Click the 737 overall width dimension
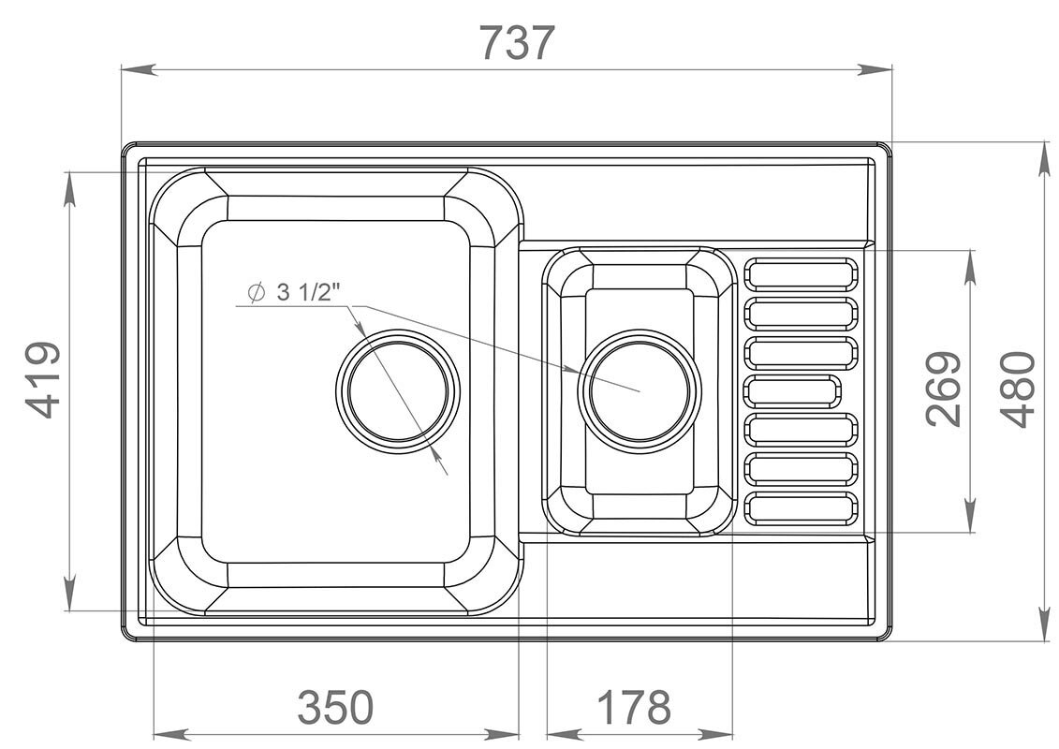[x=517, y=42]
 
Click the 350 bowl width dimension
[x=335, y=707]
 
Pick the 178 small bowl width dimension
[x=634, y=707]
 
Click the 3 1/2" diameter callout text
[x=307, y=292]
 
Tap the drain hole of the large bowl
[x=398, y=391]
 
